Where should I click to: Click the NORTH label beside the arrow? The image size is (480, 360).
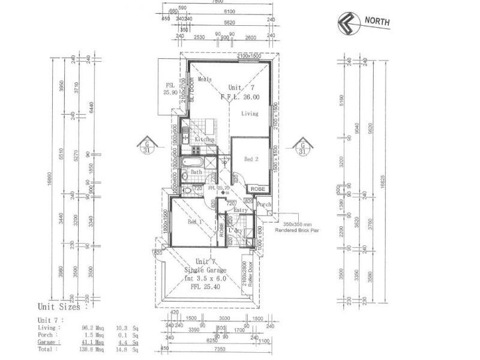pos(377,22)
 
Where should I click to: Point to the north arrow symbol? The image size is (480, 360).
pos(347,22)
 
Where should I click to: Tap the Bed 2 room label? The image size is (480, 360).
pos(251,159)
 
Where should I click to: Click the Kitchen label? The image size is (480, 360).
pos(204,140)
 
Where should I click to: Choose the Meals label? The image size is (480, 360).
pos(205,79)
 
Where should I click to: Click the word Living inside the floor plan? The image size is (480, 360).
pos(250,113)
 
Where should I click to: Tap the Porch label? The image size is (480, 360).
pos(264,205)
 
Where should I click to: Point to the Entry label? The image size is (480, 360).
pos(240,210)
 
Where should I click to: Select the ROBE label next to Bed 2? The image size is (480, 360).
pos(257,188)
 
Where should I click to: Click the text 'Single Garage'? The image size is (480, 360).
pos(205,271)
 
